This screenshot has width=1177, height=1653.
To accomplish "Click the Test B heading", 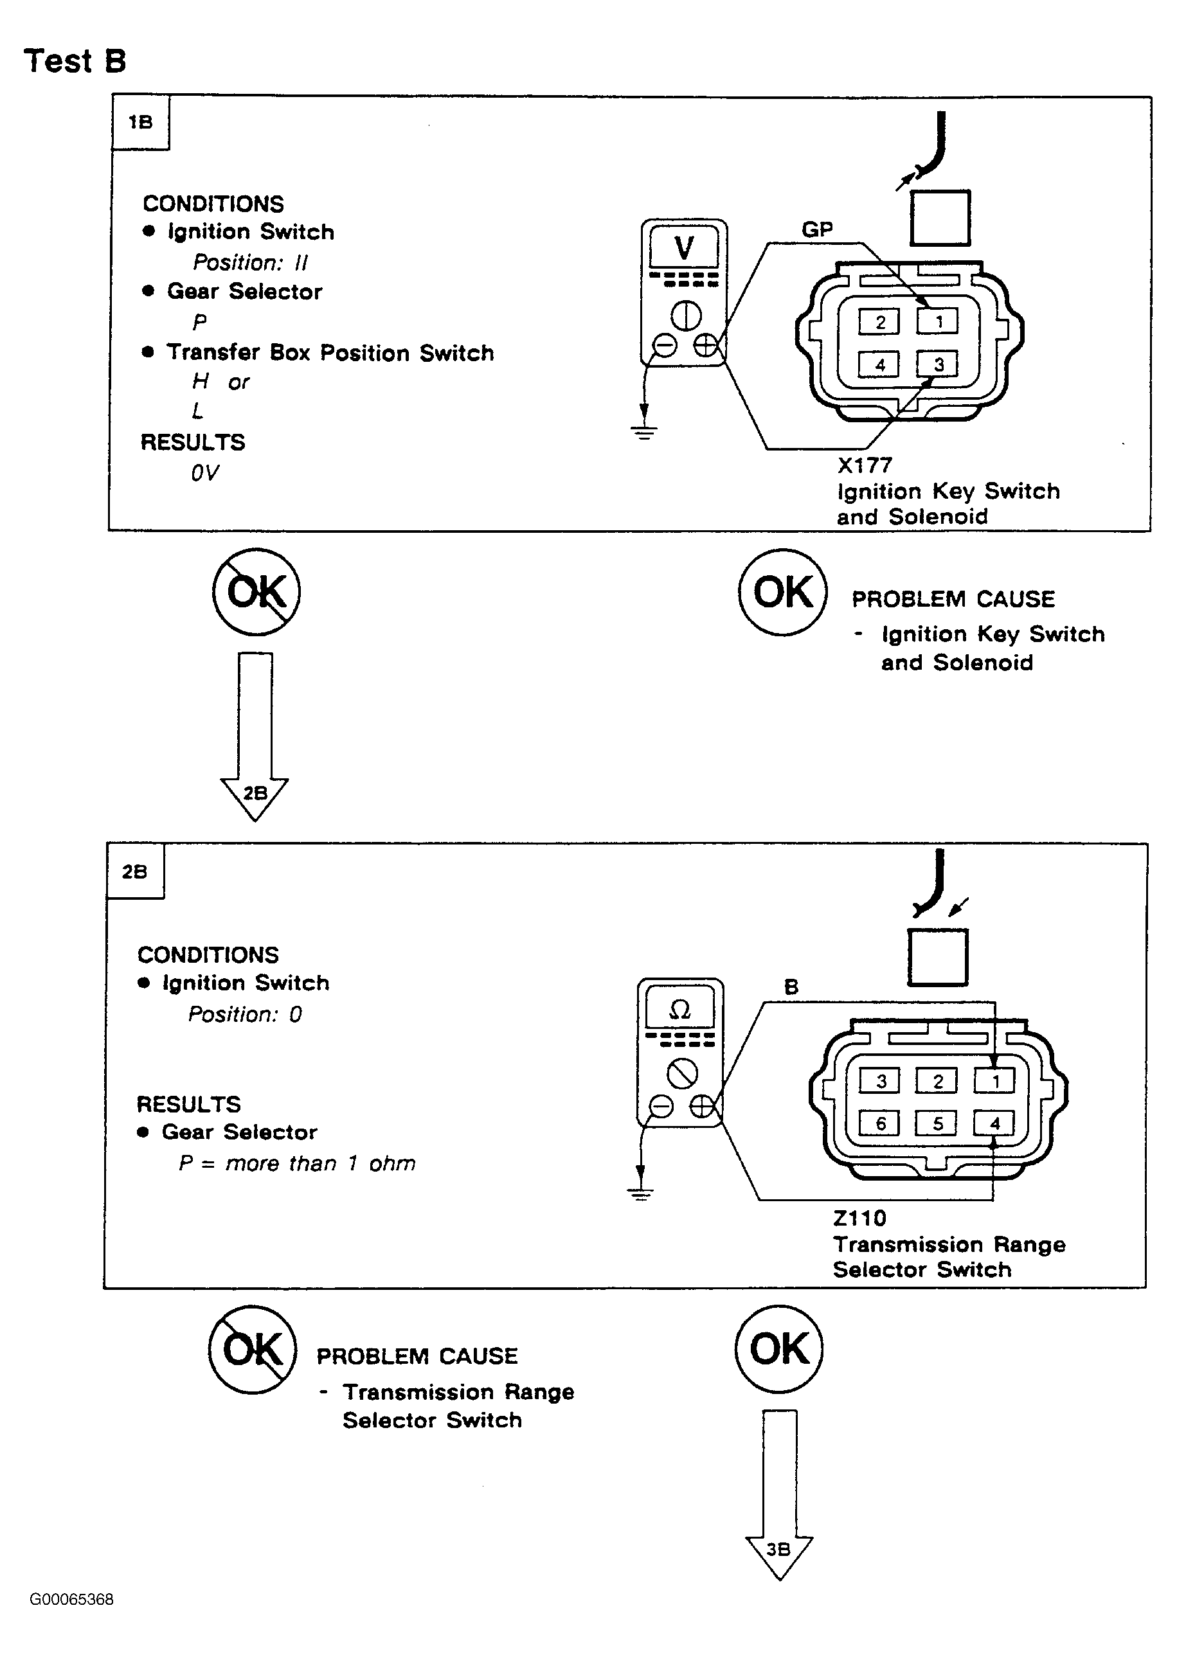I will tap(75, 61).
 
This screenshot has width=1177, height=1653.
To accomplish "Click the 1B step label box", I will tap(141, 123).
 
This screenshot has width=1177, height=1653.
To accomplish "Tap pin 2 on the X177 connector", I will tap(879, 322).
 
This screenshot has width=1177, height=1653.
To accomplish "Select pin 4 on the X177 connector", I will tap(879, 364).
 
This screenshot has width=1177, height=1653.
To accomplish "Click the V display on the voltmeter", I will tap(683, 248).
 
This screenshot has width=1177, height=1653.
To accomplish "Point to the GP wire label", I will tap(817, 229).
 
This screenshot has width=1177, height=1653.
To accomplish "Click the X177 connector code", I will tap(865, 465).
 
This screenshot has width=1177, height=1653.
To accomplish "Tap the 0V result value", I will tap(204, 473).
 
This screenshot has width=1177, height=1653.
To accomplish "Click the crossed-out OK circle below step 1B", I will tap(256, 592).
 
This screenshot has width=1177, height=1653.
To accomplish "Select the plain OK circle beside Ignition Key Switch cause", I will tap(783, 592).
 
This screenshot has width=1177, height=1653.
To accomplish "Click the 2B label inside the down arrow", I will tap(255, 794).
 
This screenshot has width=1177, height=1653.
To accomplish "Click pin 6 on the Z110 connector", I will tap(880, 1124).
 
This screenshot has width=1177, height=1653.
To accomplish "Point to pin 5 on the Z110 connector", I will tap(937, 1124).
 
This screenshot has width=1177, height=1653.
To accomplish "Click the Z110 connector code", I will tap(859, 1218).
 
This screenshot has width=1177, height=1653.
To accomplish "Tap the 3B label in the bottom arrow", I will tap(778, 1550).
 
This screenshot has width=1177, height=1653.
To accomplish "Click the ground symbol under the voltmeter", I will tap(643, 433).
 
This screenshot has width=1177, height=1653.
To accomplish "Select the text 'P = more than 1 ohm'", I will tap(297, 1164).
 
